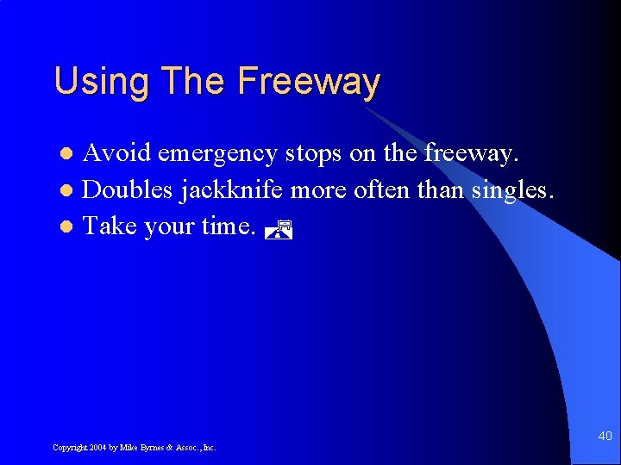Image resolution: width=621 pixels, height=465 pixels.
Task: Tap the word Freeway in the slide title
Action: pos(309,83)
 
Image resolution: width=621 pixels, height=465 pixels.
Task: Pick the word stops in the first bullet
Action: pos(315,154)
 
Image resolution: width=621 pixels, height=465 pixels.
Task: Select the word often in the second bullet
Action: pos(382,189)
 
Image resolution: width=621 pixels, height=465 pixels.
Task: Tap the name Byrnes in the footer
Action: pos(150,448)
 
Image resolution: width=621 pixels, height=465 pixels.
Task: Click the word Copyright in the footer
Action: pos(69,448)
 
